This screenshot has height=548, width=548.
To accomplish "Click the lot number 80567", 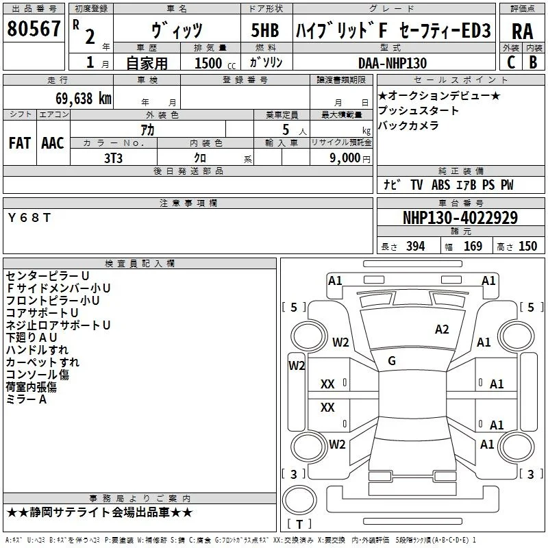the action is coord(34,29).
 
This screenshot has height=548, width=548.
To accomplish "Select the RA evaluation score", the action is coord(523,32).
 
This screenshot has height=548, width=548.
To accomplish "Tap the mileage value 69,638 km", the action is coord(84,99).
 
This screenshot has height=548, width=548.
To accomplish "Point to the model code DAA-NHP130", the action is coord(393,63).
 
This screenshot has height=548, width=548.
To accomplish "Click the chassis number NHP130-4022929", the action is coord(460,218).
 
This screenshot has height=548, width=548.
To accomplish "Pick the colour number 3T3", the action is coord(113,158).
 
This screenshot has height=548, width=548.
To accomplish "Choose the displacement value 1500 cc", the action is coord(215,63).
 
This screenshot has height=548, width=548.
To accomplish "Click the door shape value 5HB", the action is coord(265,30).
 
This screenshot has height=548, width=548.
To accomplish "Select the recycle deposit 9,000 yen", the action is coord(350,158).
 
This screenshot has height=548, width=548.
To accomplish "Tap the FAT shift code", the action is coord(20,143).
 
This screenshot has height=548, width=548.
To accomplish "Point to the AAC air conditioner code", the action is coord(53,143).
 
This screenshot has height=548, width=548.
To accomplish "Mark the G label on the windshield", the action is coord(392,361).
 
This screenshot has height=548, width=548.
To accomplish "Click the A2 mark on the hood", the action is coord(442,329).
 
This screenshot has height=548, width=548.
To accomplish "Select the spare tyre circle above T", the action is coord(299,500).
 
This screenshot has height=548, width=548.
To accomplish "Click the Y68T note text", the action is coord(29,218).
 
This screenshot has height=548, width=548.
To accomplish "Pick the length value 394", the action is coord(416,247).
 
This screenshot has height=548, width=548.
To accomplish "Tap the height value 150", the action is coord(527,247).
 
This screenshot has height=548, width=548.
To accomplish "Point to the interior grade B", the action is coord(533,62).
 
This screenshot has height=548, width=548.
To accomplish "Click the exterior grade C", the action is coord(511,62).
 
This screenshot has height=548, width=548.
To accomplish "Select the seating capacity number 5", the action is coord(286,129).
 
